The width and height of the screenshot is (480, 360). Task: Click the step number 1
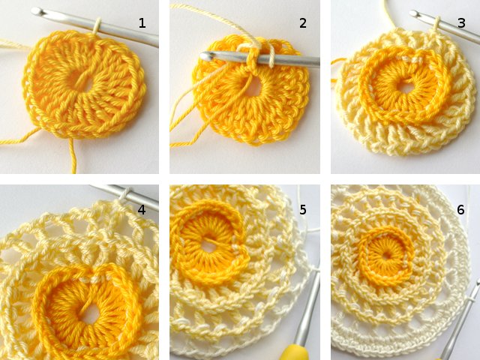click(x=142, y=23)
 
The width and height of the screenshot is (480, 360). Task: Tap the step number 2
click(x=303, y=23)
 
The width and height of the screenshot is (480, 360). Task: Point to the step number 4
click(x=141, y=209)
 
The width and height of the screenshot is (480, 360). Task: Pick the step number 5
click(x=303, y=209)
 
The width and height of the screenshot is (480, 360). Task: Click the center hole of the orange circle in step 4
click(x=88, y=314)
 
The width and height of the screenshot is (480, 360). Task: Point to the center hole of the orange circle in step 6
click(x=388, y=253)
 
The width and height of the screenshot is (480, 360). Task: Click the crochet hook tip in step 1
click(x=37, y=11)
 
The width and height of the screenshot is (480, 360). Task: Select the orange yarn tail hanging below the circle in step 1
click(x=73, y=154)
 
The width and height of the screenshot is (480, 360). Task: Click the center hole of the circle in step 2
click(x=253, y=85)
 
